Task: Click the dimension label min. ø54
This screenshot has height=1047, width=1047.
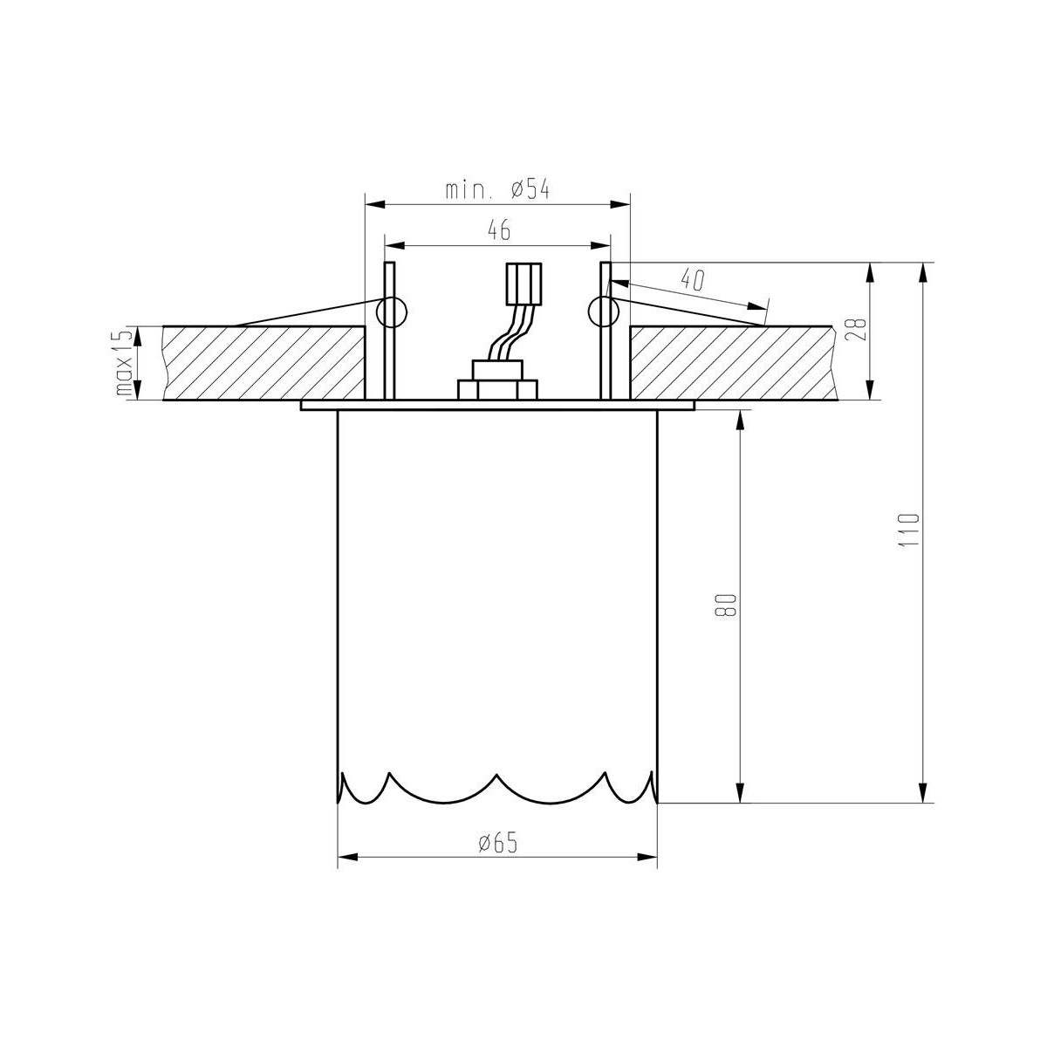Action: pyautogui.click(x=497, y=190)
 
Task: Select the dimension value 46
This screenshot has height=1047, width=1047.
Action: pyautogui.click(x=498, y=230)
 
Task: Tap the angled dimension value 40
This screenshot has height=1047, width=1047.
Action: pyautogui.click(x=692, y=280)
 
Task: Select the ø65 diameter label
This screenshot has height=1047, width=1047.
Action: pyautogui.click(x=497, y=842)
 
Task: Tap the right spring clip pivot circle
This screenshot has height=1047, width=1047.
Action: pyautogui.click(x=604, y=311)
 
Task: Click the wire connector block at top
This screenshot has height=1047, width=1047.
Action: pyautogui.click(x=523, y=284)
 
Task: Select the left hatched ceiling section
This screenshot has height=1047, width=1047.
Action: pyautogui.click(x=262, y=363)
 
